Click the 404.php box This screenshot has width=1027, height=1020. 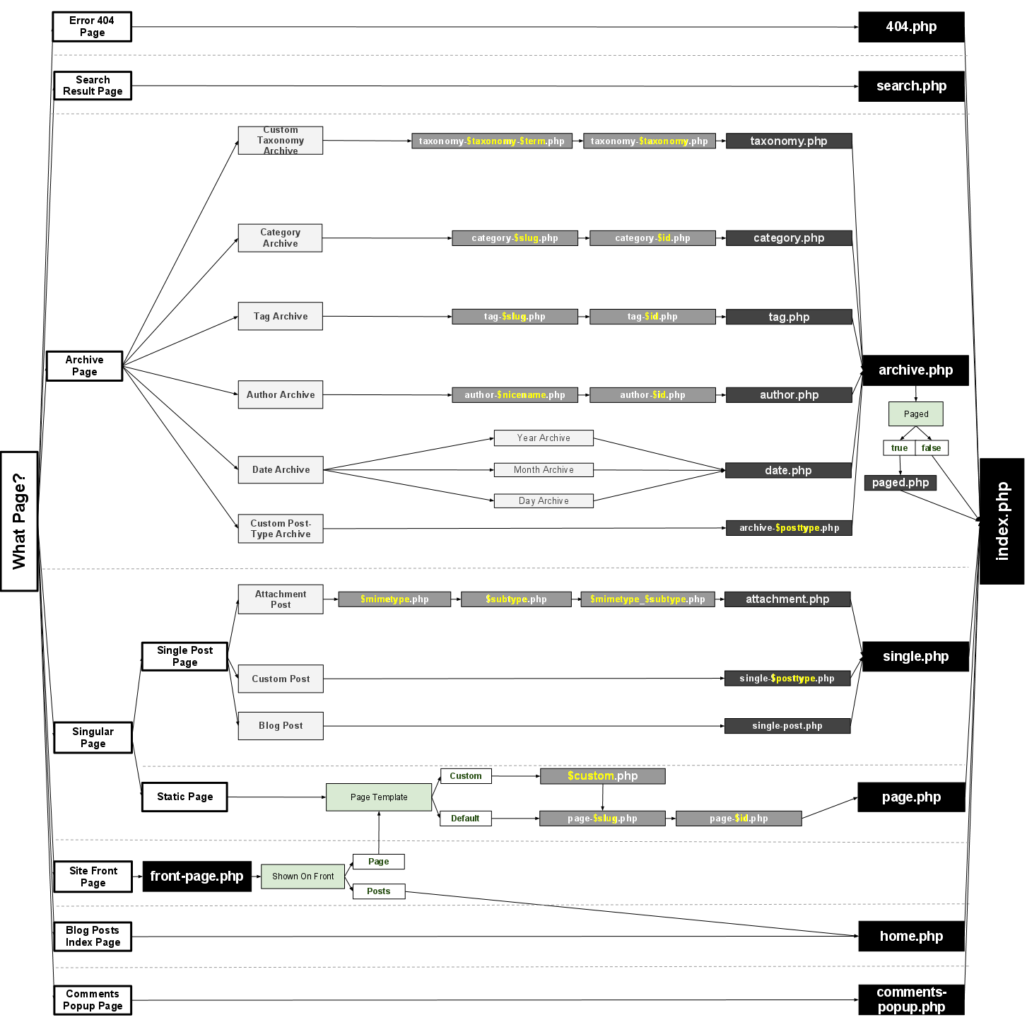911,27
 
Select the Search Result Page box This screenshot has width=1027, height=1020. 93,86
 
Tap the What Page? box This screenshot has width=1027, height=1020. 19,521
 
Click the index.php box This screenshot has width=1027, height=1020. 1002,521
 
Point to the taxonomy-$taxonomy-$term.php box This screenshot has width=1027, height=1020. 492,141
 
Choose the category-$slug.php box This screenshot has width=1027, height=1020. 515,238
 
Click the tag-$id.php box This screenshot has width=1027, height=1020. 652,317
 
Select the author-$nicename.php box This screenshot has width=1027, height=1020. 515,395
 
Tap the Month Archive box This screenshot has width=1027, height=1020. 544,470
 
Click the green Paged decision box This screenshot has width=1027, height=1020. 915,414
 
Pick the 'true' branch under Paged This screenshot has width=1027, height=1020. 899,448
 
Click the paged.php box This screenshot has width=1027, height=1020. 900,483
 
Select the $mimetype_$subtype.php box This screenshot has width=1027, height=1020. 647,599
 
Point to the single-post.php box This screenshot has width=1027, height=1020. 787,726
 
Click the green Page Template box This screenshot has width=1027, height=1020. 379,797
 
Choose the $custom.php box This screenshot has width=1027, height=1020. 602,776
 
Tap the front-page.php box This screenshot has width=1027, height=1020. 196,877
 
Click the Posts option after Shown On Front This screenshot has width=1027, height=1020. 378,891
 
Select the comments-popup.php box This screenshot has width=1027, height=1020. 911,1000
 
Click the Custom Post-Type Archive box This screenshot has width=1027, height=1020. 281,529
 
